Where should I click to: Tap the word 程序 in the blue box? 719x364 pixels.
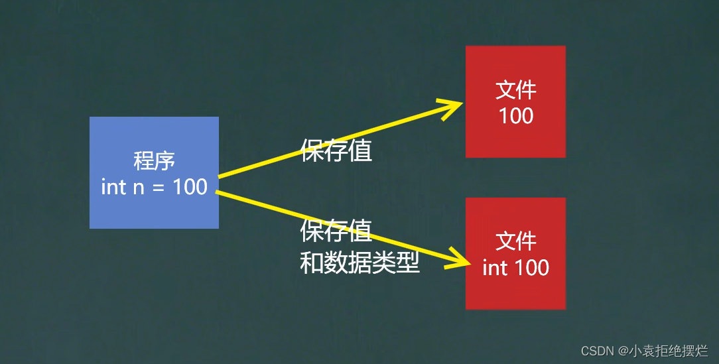(154, 160)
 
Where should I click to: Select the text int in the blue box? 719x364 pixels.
(113, 187)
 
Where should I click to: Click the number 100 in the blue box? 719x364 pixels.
(190, 187)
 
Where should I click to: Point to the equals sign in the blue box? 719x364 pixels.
(158, 188)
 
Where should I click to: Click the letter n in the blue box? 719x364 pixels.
(138, 188)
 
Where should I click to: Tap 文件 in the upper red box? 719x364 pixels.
(515, 91)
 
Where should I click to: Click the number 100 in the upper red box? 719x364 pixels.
(515, 116)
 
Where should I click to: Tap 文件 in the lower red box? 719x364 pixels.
(515, 241)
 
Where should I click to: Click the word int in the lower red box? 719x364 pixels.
(494, 267)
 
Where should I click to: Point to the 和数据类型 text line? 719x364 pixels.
(360, 264)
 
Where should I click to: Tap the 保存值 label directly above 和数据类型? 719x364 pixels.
(336, 231)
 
